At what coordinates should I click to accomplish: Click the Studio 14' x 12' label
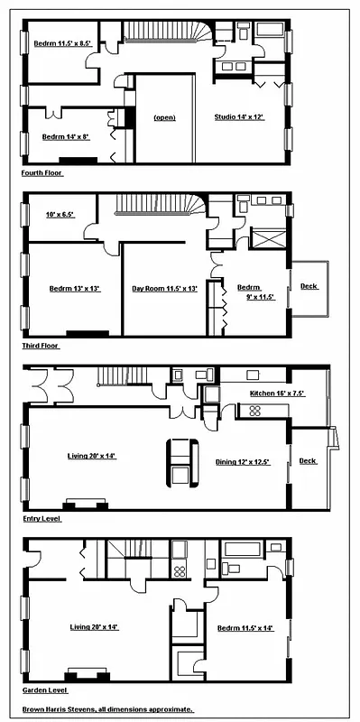click(x=239, y=117)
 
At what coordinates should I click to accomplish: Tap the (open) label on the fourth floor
click(x=164, y=117)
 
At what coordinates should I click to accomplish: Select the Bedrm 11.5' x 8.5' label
click(x=62, y=42)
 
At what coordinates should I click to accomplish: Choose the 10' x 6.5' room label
click(x=60, y=215)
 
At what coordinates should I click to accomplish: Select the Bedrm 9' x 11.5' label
click(x=249, y=292)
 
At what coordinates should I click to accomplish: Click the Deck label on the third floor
click(x=309, y=287)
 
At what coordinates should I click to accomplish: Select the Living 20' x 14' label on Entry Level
click(x=92, y=456)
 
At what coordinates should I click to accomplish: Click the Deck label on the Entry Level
click(x=309, y=460)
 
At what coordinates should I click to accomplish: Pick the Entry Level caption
click(x=42, y=519)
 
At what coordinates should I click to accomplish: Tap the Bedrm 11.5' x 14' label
click(x=245, y=628)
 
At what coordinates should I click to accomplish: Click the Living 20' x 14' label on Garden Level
click(x=93, y=626)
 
